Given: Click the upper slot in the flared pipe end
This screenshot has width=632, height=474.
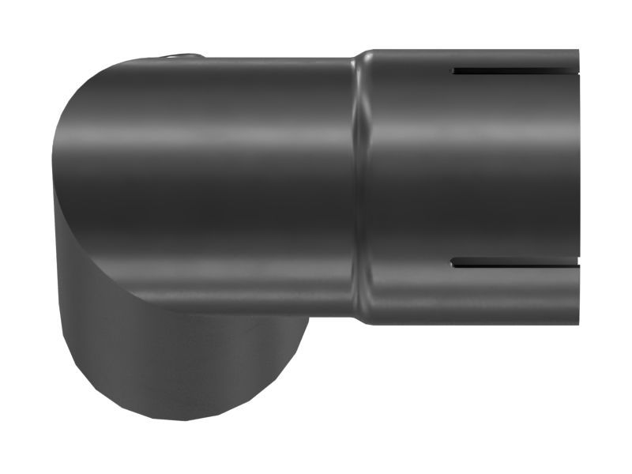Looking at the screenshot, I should pyautogui.click(x=513, y=71).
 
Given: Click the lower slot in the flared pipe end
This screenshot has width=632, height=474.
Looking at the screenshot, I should pyautogui.click(x=513, y=262).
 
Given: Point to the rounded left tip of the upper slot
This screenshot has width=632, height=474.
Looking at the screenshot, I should pyautogui.click(x=455, y=71).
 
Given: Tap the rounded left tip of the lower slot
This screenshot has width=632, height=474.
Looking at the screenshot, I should pyautogui.click(x=454, y=262).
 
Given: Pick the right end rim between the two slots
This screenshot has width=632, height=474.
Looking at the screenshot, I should pyautogui.click(x=577, y=166).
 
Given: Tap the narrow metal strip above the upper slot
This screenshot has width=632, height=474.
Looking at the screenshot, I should pyautogui.click(x=513, y=59).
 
